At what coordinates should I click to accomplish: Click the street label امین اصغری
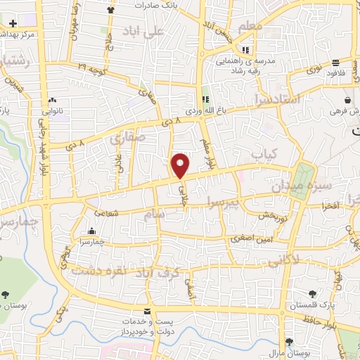click(250, 239)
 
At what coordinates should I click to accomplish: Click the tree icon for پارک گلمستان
click(311, 294)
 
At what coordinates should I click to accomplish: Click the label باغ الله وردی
click(202, 111)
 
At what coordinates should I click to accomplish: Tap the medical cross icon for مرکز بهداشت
click(13, 23)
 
